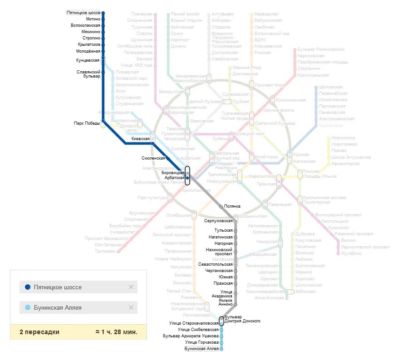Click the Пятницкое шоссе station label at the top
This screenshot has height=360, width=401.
click(x=83, y=13)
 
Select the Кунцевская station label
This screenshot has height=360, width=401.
click(x=88, y=60)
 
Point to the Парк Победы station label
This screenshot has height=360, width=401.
click(x=87, y=123)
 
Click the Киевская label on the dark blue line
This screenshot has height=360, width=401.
click(x=140, y=138)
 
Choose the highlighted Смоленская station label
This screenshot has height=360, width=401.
click(x=153, y=158)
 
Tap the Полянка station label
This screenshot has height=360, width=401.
click(x=232, y=206)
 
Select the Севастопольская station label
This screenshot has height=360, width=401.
click(x=215, y=264)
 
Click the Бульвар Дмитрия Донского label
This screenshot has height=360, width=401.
click(x=242, y=319)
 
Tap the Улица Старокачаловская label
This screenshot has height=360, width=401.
click(x=194, y=323)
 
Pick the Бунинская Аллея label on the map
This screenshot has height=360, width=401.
click(x=201, y=349)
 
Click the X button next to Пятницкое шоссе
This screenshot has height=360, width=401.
click(x=131, y=287)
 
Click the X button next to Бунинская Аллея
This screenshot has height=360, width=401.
click(x=131, y=307)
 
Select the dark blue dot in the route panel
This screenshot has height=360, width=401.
click(x=28, y=287)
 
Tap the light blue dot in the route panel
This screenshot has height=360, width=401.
click(x=28, y=307)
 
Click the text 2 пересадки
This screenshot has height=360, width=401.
click(x=39, y=332)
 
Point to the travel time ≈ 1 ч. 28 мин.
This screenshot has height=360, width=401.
click(x=116, y=332)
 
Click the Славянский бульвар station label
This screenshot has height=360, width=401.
click(x=88, y=74)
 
